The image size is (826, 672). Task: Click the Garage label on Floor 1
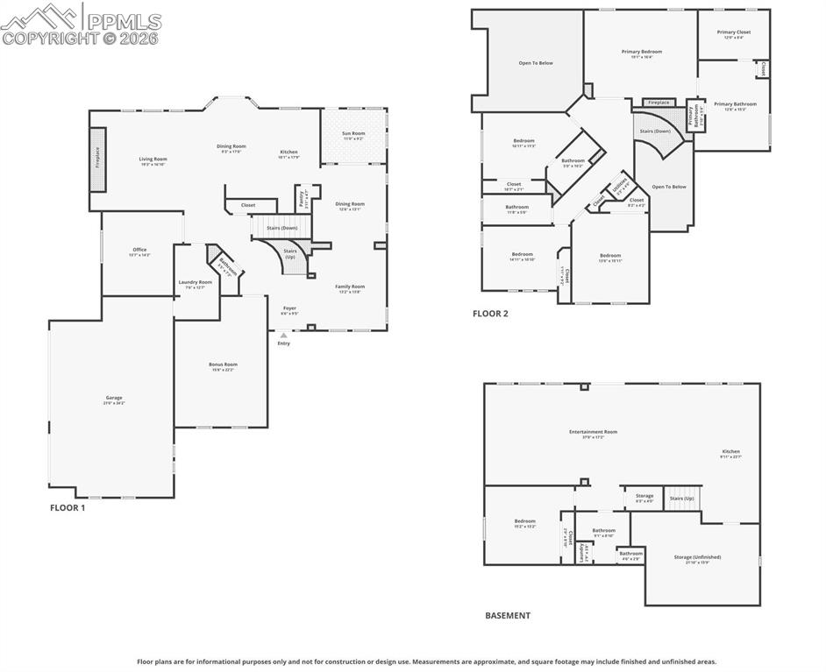pyautogui.click(x=114, y=398)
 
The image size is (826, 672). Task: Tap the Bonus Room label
pyautogui.click(x=223, y=364)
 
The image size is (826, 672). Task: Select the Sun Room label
pyautogui.click(x=353, y=133)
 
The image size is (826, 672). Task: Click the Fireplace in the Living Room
pyautogui.click(x=98, y=159)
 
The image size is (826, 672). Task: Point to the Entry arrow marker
pyautogui.click(x=283, y=335)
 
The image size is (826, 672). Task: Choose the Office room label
pyautogui.click(x=139, y=250)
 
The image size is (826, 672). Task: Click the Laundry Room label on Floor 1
pyautogui.click(x=195, y=282)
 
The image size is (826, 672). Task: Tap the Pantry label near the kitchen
pyautogui.click(x=301, y=198)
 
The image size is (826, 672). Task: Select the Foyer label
pyautogui.click(x=289, y=308)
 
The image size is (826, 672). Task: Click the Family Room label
pyautogui.click(x=349, y=286)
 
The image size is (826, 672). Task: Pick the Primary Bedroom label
pyautogui.click(x=642, y=52)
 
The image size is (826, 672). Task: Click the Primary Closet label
pyautogui.click(x=733, y=32)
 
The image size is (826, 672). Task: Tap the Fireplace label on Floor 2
pyautogui.click(x=659, y=103)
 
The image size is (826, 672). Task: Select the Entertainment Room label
pyautogui.click(x=593, y=431)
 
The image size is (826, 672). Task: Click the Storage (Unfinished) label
pyautogui.click(x=697, y=557)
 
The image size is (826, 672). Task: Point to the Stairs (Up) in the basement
pyautogui.click(x=681, y=498)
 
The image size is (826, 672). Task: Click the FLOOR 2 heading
pyautogui.click(x=490, y=313)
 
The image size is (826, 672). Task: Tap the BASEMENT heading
pyautogui.click(x=508, y=615)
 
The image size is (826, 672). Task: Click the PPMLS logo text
pyautogui.click(x=123, y=20)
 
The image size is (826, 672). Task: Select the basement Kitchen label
pyautogui.click(x=730, y=452)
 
